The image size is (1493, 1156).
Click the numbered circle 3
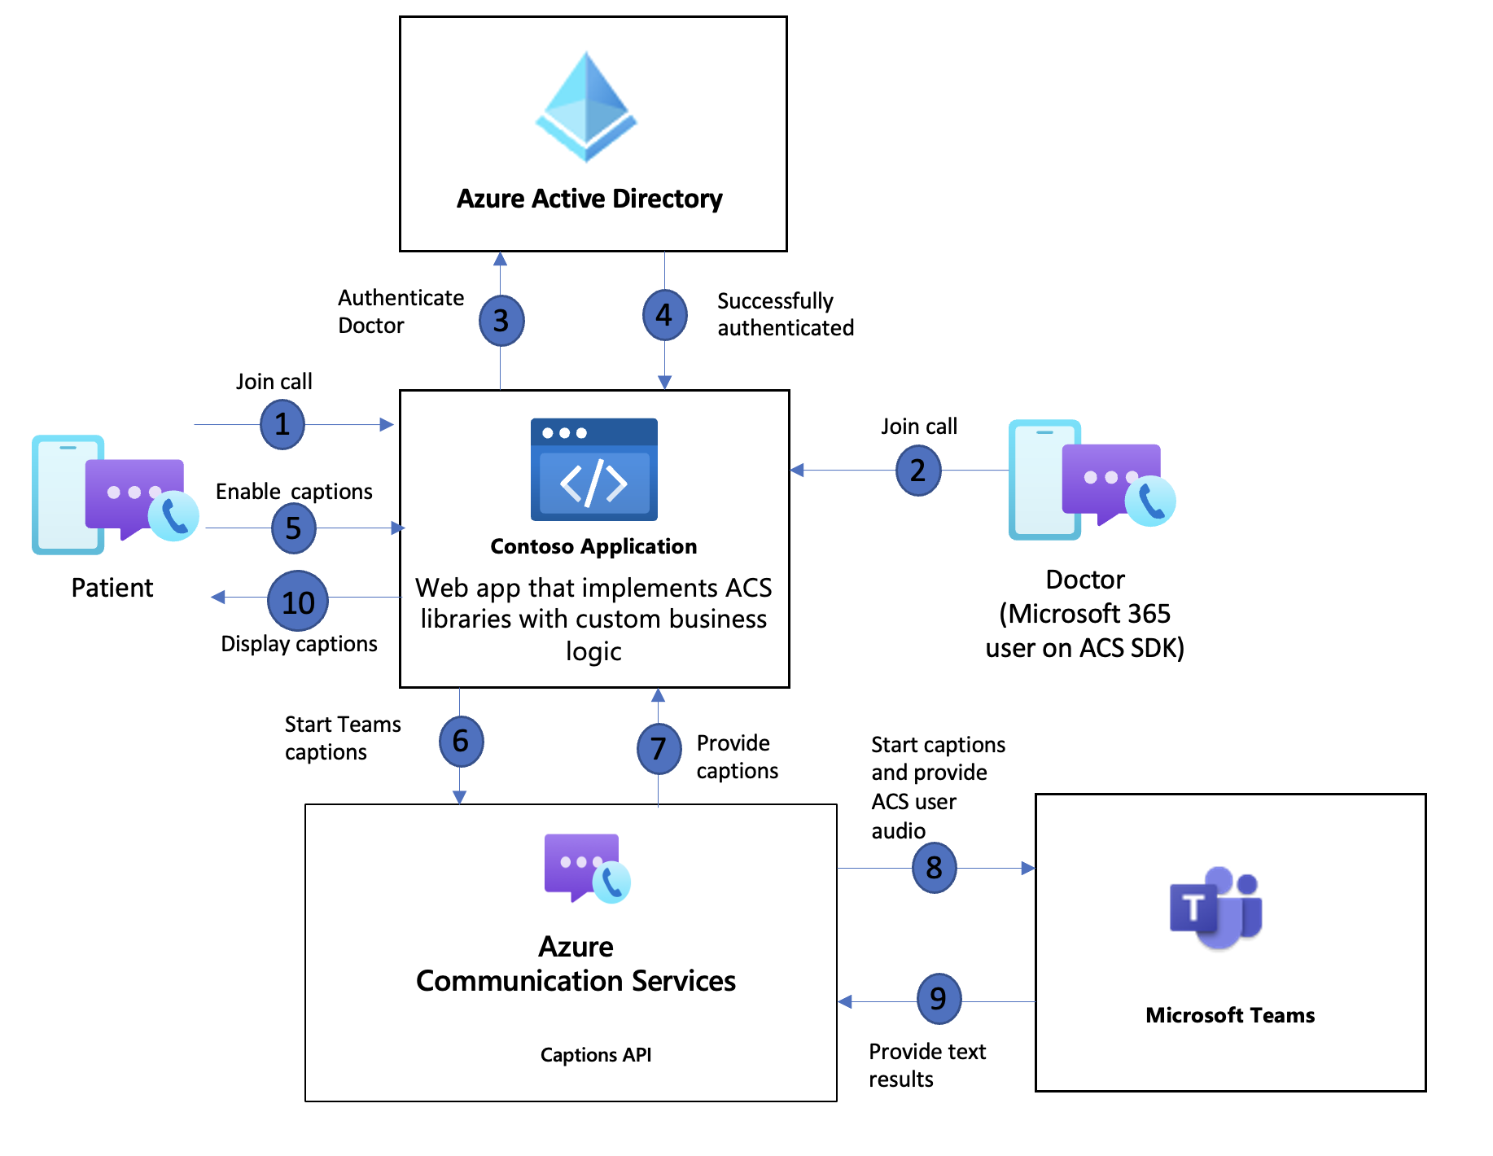click(501, 321)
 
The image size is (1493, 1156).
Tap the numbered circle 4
click(664, 315)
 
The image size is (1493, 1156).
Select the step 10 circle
click(298, 602)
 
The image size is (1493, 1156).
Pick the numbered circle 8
click(934, 868)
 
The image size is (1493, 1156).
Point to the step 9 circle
click(938, 998)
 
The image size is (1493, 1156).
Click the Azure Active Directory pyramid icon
click(586, 106)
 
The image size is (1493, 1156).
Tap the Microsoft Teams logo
click(1216, 907)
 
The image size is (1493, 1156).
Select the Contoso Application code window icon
click(593, 470)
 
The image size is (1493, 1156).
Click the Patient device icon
click(114, 493)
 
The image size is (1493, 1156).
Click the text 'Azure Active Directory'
click(589, 199)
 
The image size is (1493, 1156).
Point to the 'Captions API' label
click(596, 1055)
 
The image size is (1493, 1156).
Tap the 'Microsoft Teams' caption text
click(1229, 1015)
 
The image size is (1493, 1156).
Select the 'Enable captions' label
click(294, 492)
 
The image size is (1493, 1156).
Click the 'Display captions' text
click(299, 644)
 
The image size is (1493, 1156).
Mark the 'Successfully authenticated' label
click(785, 314)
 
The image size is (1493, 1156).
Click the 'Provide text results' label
click(926, 1065)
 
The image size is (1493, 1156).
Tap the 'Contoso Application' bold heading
click(593, 546)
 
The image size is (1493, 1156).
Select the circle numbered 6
click(461, 741)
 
